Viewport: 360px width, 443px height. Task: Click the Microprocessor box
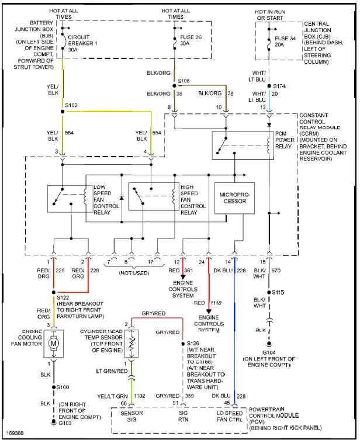tap(234, 198)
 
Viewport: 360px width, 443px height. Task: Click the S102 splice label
tap(71, 106)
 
